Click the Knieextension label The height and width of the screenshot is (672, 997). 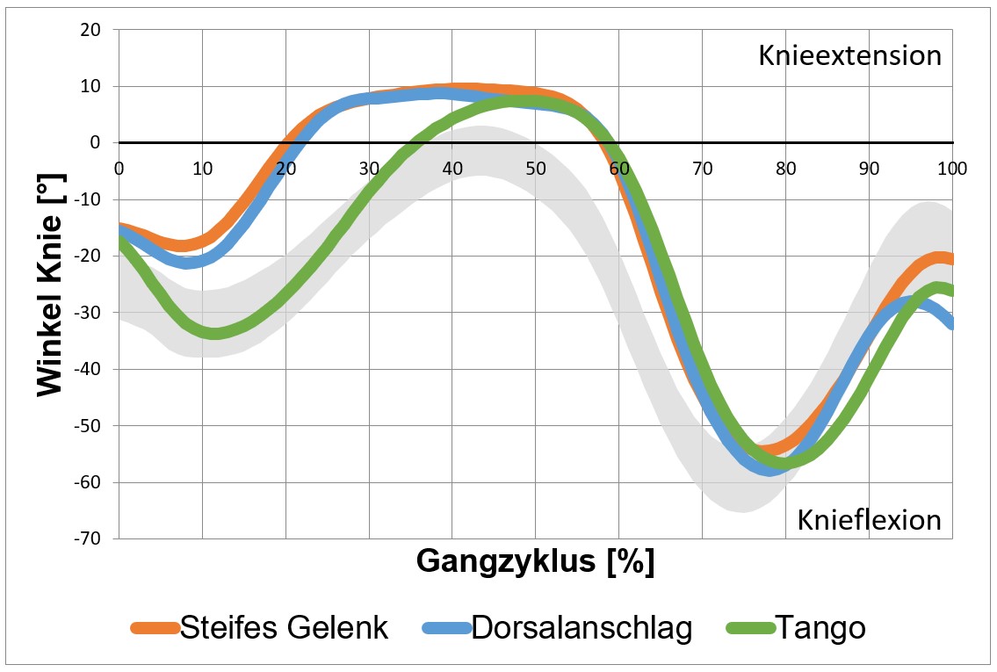[849, 56]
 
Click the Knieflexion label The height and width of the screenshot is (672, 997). [869, 520]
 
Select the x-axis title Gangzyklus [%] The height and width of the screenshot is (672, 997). [535, 560]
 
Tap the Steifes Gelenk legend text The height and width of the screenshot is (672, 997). [284, 627]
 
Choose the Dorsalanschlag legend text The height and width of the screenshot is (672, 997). [582, 627]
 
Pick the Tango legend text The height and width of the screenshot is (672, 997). [820, 627]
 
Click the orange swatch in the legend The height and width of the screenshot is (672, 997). [155, 628]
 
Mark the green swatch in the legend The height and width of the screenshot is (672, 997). [749, 628]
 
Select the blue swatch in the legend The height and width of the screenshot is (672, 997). [446, 628]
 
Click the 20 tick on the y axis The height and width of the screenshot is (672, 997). [90, 30]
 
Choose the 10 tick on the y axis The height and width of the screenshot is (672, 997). [90, 86]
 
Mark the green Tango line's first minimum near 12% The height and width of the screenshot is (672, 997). [213, 333]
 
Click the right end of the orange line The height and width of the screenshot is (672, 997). [951, 259]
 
